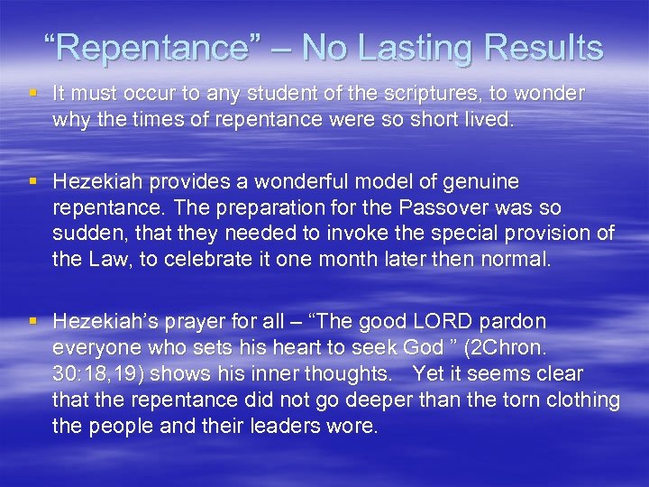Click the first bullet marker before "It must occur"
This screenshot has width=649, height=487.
click(34, 93)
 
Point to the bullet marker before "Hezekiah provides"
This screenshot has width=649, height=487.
click(34, 181)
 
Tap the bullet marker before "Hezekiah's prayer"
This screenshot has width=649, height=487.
click(34, 321)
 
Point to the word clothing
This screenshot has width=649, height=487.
click(580, 400)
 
